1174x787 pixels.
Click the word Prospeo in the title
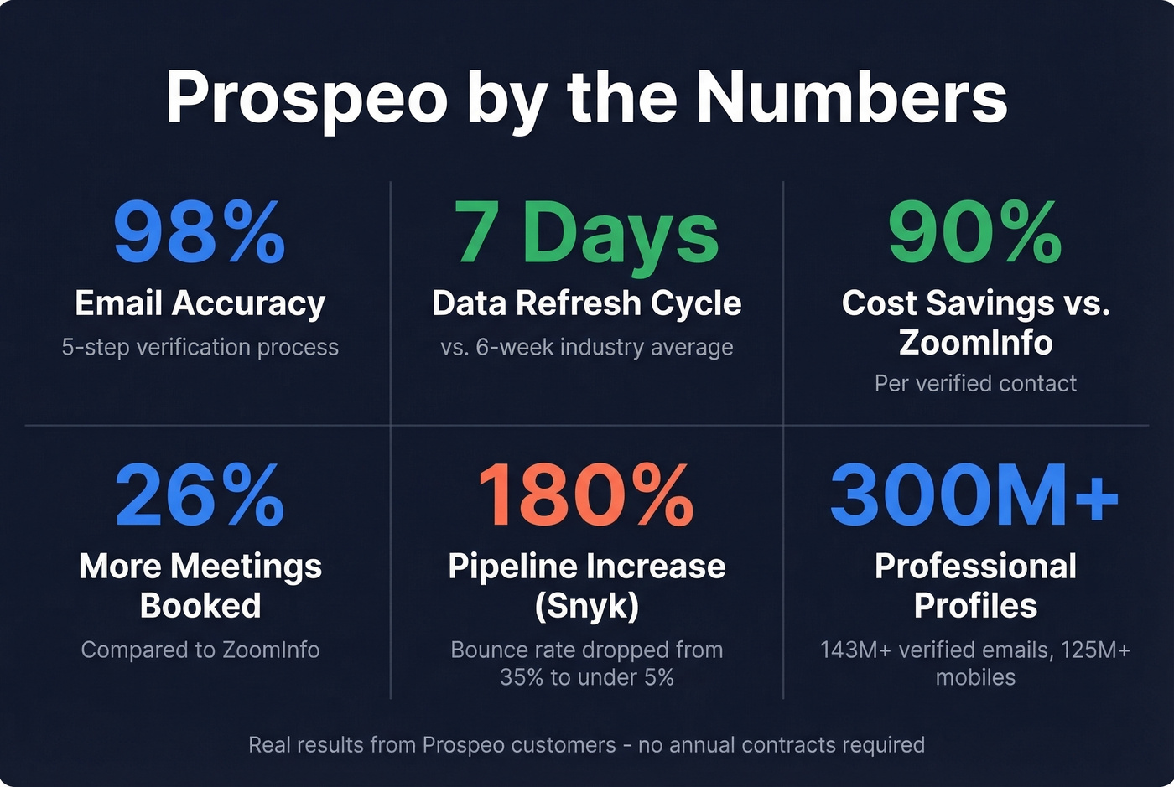[x=306, y=98]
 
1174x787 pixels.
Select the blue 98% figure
[x=200, y=233]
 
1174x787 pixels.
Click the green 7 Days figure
[x=586, y=233]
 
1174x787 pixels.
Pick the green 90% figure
[x=975, y=233]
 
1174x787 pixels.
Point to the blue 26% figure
[x=200, y=494]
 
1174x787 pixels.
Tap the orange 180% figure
[x=586, y=494]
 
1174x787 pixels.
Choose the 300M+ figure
[x=974, y=494]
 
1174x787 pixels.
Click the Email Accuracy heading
[x=200, y=303]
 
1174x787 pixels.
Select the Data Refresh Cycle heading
[x=586, y=303]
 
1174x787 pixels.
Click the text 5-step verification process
[x=200, y=347]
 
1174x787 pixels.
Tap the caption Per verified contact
[x=975, y=383]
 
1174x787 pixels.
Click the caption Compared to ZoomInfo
[x=200, y=650]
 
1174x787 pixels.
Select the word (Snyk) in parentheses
[x=586, y=606]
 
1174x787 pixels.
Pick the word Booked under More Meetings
[x=200, y=606]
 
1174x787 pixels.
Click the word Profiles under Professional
[x=975, y=606]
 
